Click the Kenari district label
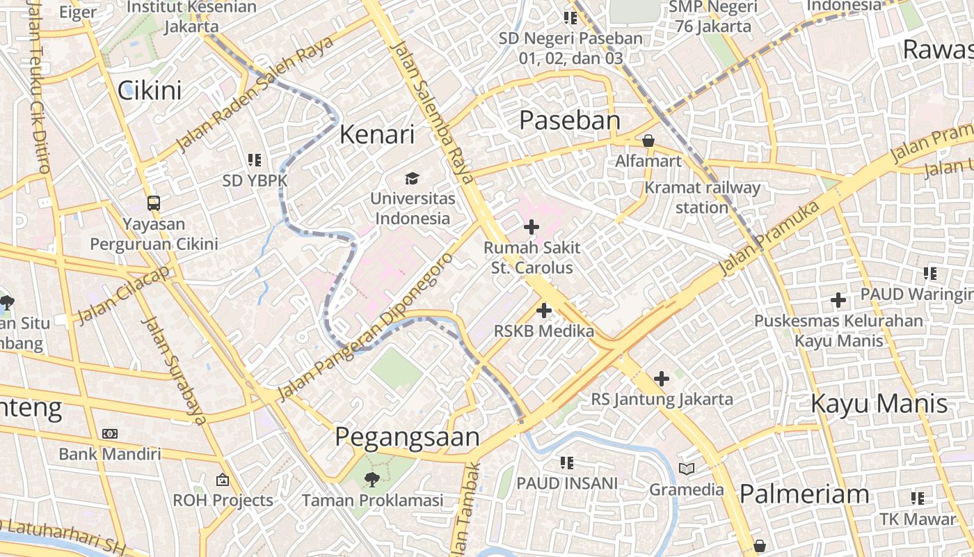(x=376, y=134)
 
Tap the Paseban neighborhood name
(x=570, y=120)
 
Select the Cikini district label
(x=150, y=91)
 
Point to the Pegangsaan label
(x=407, y=437)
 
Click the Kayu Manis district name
(x=879, y=404)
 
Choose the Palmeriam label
(x=804, y=494)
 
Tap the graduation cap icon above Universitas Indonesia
(x=413, y=179)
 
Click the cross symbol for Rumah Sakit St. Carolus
(x=532, y=227)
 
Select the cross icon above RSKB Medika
(x=544, y=311)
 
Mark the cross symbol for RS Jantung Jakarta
(x=662, y=379)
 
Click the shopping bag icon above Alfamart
(x=648, y=141)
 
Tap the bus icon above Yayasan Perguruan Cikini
(x=154, y=203)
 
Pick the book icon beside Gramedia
(x=687, y=469)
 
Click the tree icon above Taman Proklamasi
(x=372, y=479)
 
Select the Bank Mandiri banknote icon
(x=110, y=434)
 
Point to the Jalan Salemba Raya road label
(x=432, y=111)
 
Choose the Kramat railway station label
(x=702, y=197)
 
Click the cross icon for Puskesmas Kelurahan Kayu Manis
(x=838, y=300)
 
